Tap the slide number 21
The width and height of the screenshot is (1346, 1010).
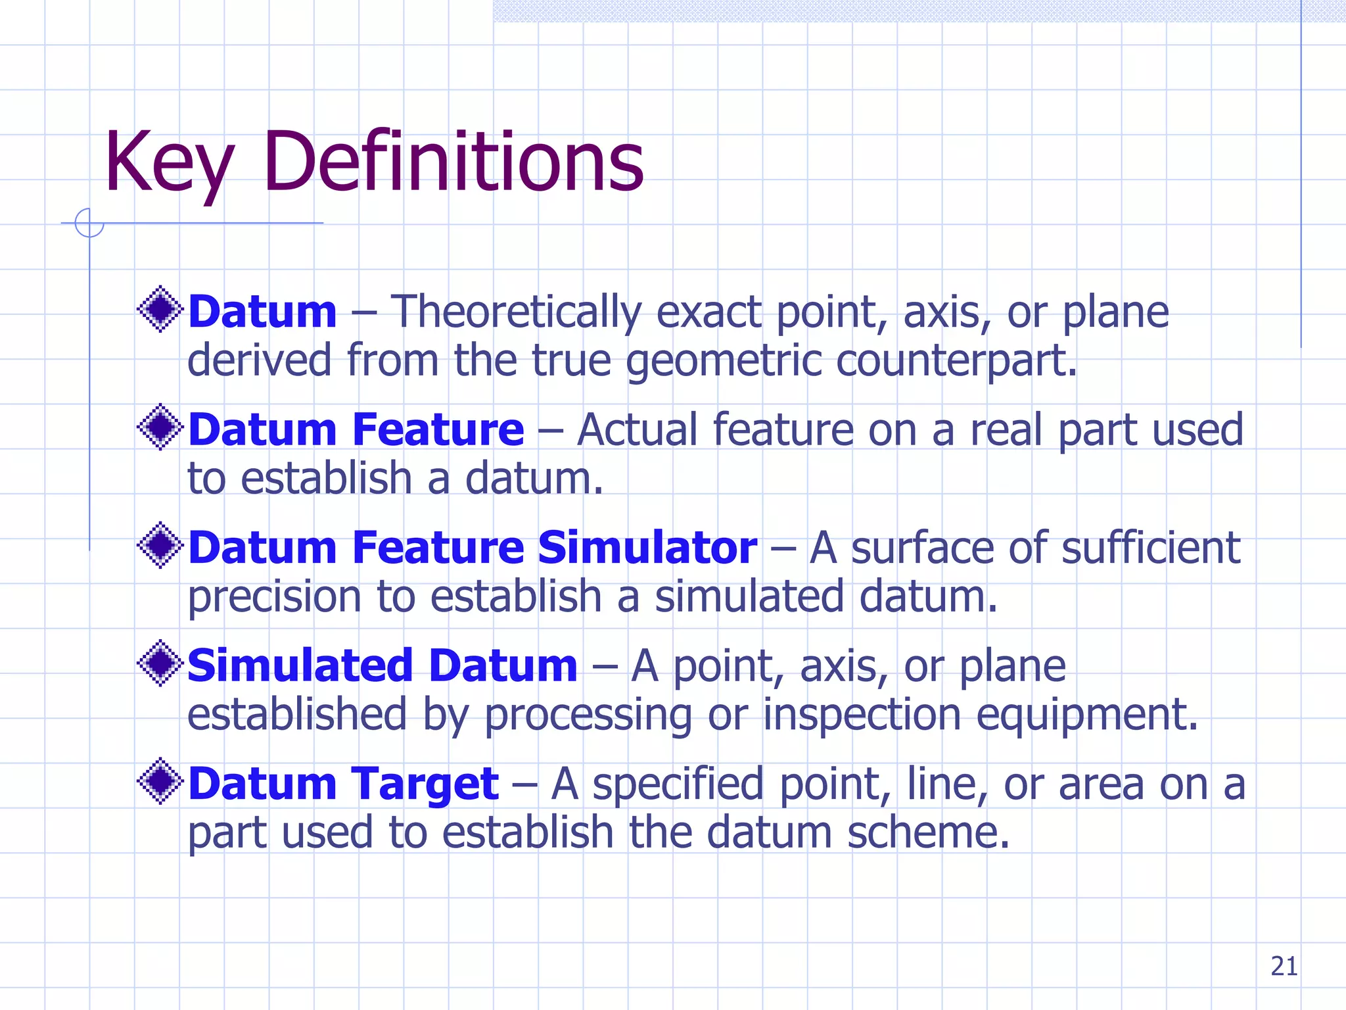tap(1284, 967)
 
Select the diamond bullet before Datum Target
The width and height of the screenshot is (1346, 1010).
tap(160, 782)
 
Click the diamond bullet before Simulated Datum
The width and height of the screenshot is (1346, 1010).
tap(160, 663)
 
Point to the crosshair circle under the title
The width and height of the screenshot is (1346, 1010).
tap(89, 223)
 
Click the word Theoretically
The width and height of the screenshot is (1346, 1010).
tap(516, 312)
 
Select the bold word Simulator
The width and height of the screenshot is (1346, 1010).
tap(647, 548)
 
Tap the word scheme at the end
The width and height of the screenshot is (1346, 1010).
tap(927, 833)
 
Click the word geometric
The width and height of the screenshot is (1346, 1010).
tap(723, 362)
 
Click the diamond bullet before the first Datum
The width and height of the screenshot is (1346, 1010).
tap(160, 309)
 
